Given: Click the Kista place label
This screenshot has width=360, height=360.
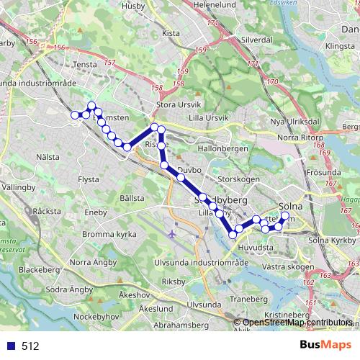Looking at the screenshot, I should coord(171,33).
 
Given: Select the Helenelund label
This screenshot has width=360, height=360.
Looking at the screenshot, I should coord(215,4).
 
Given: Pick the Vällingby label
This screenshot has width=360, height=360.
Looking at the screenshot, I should coord(18,186).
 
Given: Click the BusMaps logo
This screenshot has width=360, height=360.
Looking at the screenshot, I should coord(325,346).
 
